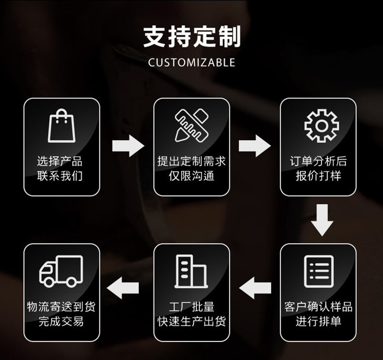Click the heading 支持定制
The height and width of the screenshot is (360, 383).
click(191, 37)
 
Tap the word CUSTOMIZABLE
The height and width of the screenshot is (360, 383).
click(191, 63)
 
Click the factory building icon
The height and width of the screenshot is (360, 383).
click(191, 271)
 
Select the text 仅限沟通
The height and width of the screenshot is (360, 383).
click(191, 175)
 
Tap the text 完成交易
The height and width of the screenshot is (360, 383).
click(61, 321)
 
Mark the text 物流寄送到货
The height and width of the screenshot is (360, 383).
click(61, 307)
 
